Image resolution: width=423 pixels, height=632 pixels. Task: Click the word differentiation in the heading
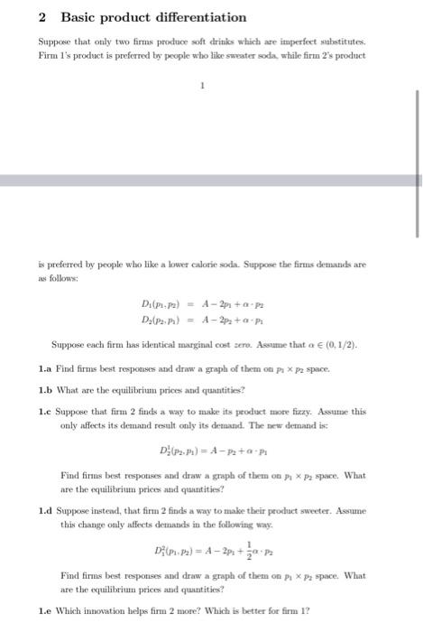coord(195,17)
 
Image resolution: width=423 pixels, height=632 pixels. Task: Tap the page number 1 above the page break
coord(203,86)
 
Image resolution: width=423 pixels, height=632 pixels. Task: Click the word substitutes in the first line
coord(339,42)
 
